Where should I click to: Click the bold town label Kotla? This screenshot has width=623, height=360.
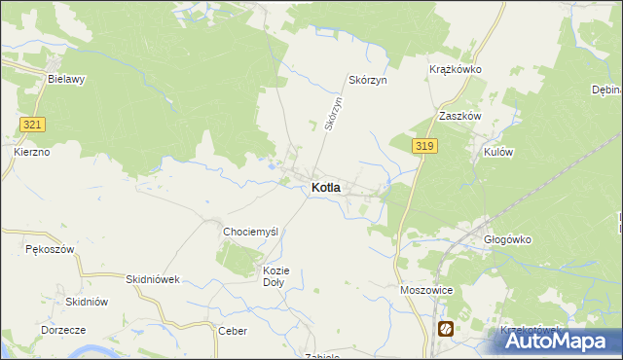tap(326, 188)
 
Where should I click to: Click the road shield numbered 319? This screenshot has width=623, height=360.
tap(423, 146)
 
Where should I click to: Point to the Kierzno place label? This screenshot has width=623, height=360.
tap(31, 153)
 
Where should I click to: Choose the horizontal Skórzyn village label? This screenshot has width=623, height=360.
tap(368, 81)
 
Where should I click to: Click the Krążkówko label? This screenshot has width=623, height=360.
tap(456, 70)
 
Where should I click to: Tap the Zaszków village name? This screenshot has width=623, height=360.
tap(460, 116)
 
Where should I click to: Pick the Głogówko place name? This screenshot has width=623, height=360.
tap(507, 238)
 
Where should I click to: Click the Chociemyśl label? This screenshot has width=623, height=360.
tap(251, 232)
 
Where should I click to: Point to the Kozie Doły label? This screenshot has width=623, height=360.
tap(275, 276)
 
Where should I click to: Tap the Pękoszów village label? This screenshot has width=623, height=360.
tap(50, 250)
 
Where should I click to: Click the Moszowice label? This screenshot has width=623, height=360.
tap(426, 290)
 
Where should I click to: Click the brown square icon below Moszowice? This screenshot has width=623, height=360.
tap(445, 328)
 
